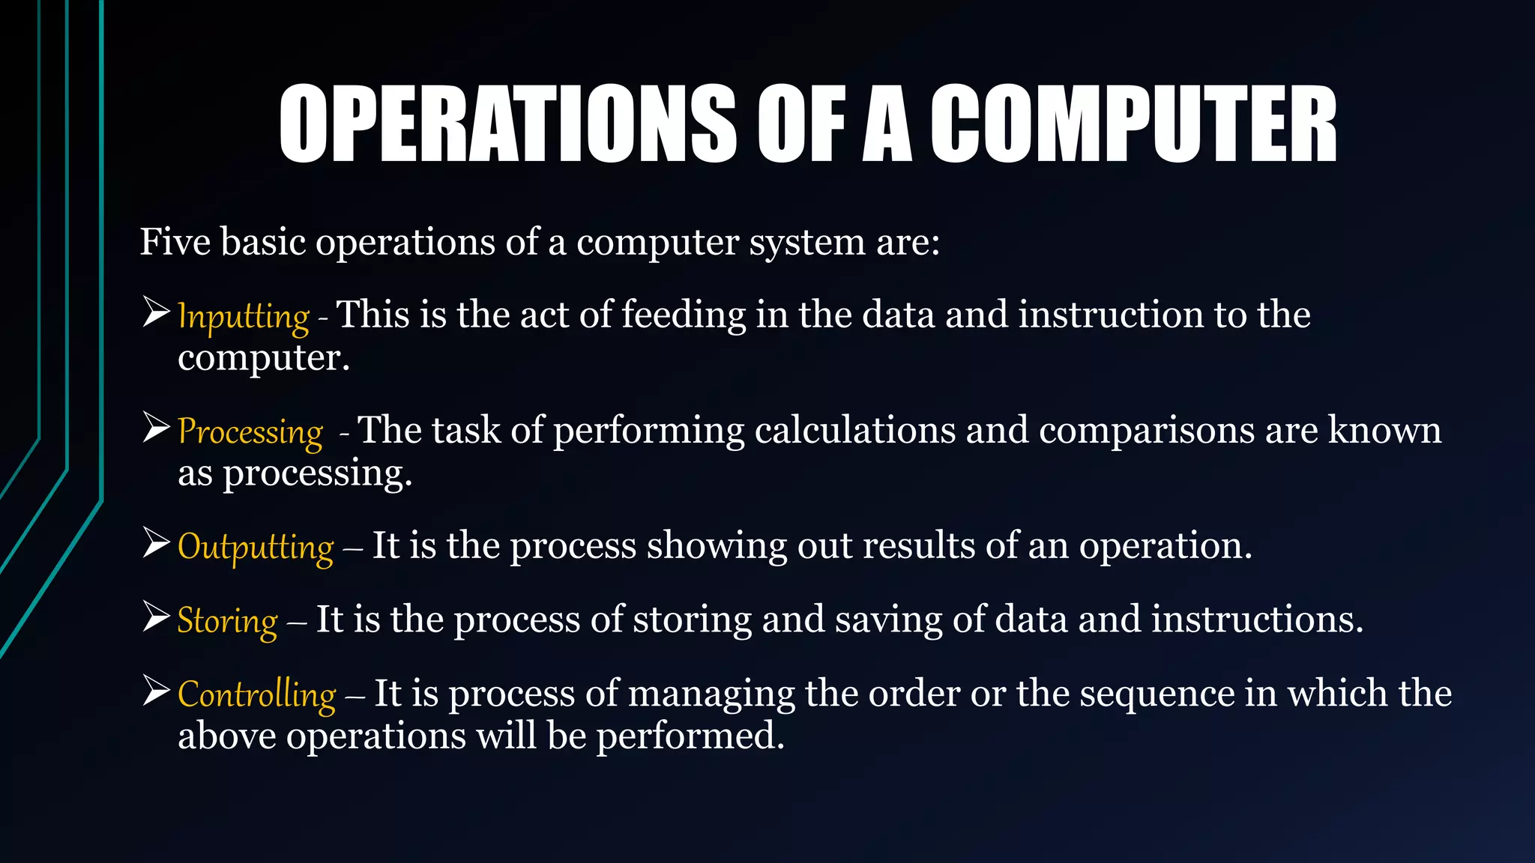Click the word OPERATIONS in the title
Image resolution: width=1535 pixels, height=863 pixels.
tap(507, 124)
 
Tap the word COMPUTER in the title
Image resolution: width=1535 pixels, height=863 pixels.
tap(1133, 124)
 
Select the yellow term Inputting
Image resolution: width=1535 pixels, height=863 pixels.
tap(243, 316)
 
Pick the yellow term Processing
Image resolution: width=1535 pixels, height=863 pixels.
tap(250, 431)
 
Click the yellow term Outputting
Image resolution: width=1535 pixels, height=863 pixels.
tap(256, 546)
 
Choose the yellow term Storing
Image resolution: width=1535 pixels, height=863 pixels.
tap(227, 620)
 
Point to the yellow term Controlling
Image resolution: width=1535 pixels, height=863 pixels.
tap(257, 694)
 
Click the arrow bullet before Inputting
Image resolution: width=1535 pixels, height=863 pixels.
tap(157, 312)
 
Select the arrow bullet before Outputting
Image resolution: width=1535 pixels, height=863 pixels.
tap(157, 542)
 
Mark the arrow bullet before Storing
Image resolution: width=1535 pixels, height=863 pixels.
tap(157, 617)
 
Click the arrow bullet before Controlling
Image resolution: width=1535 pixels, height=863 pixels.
tap(157, 690)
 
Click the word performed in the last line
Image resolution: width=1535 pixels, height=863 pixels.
tap(690, 736)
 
